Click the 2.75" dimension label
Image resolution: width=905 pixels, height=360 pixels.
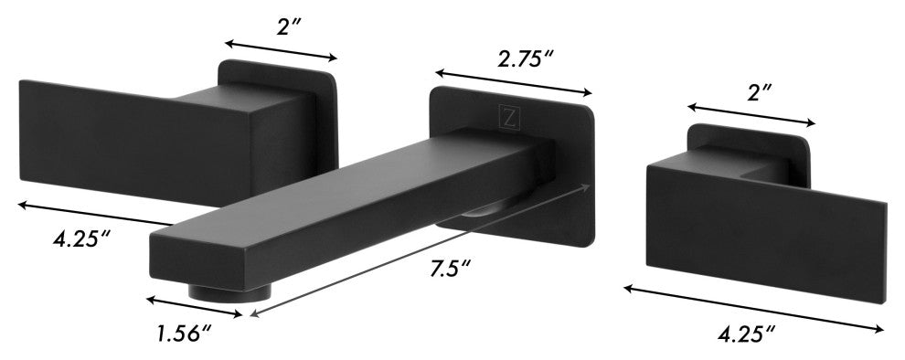(x=526, y=58)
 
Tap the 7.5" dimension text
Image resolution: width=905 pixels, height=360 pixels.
(x=450, y=269)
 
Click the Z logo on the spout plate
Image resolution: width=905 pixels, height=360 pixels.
(x=509, y=117)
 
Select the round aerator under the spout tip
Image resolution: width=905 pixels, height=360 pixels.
(x=229, y=292)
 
